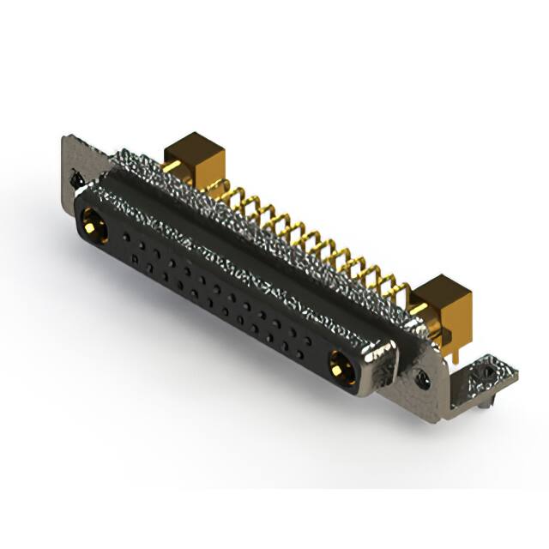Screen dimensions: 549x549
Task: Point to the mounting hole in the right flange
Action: (x=422, y=377)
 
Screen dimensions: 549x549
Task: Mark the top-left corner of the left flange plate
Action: (x=63, y=137)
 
